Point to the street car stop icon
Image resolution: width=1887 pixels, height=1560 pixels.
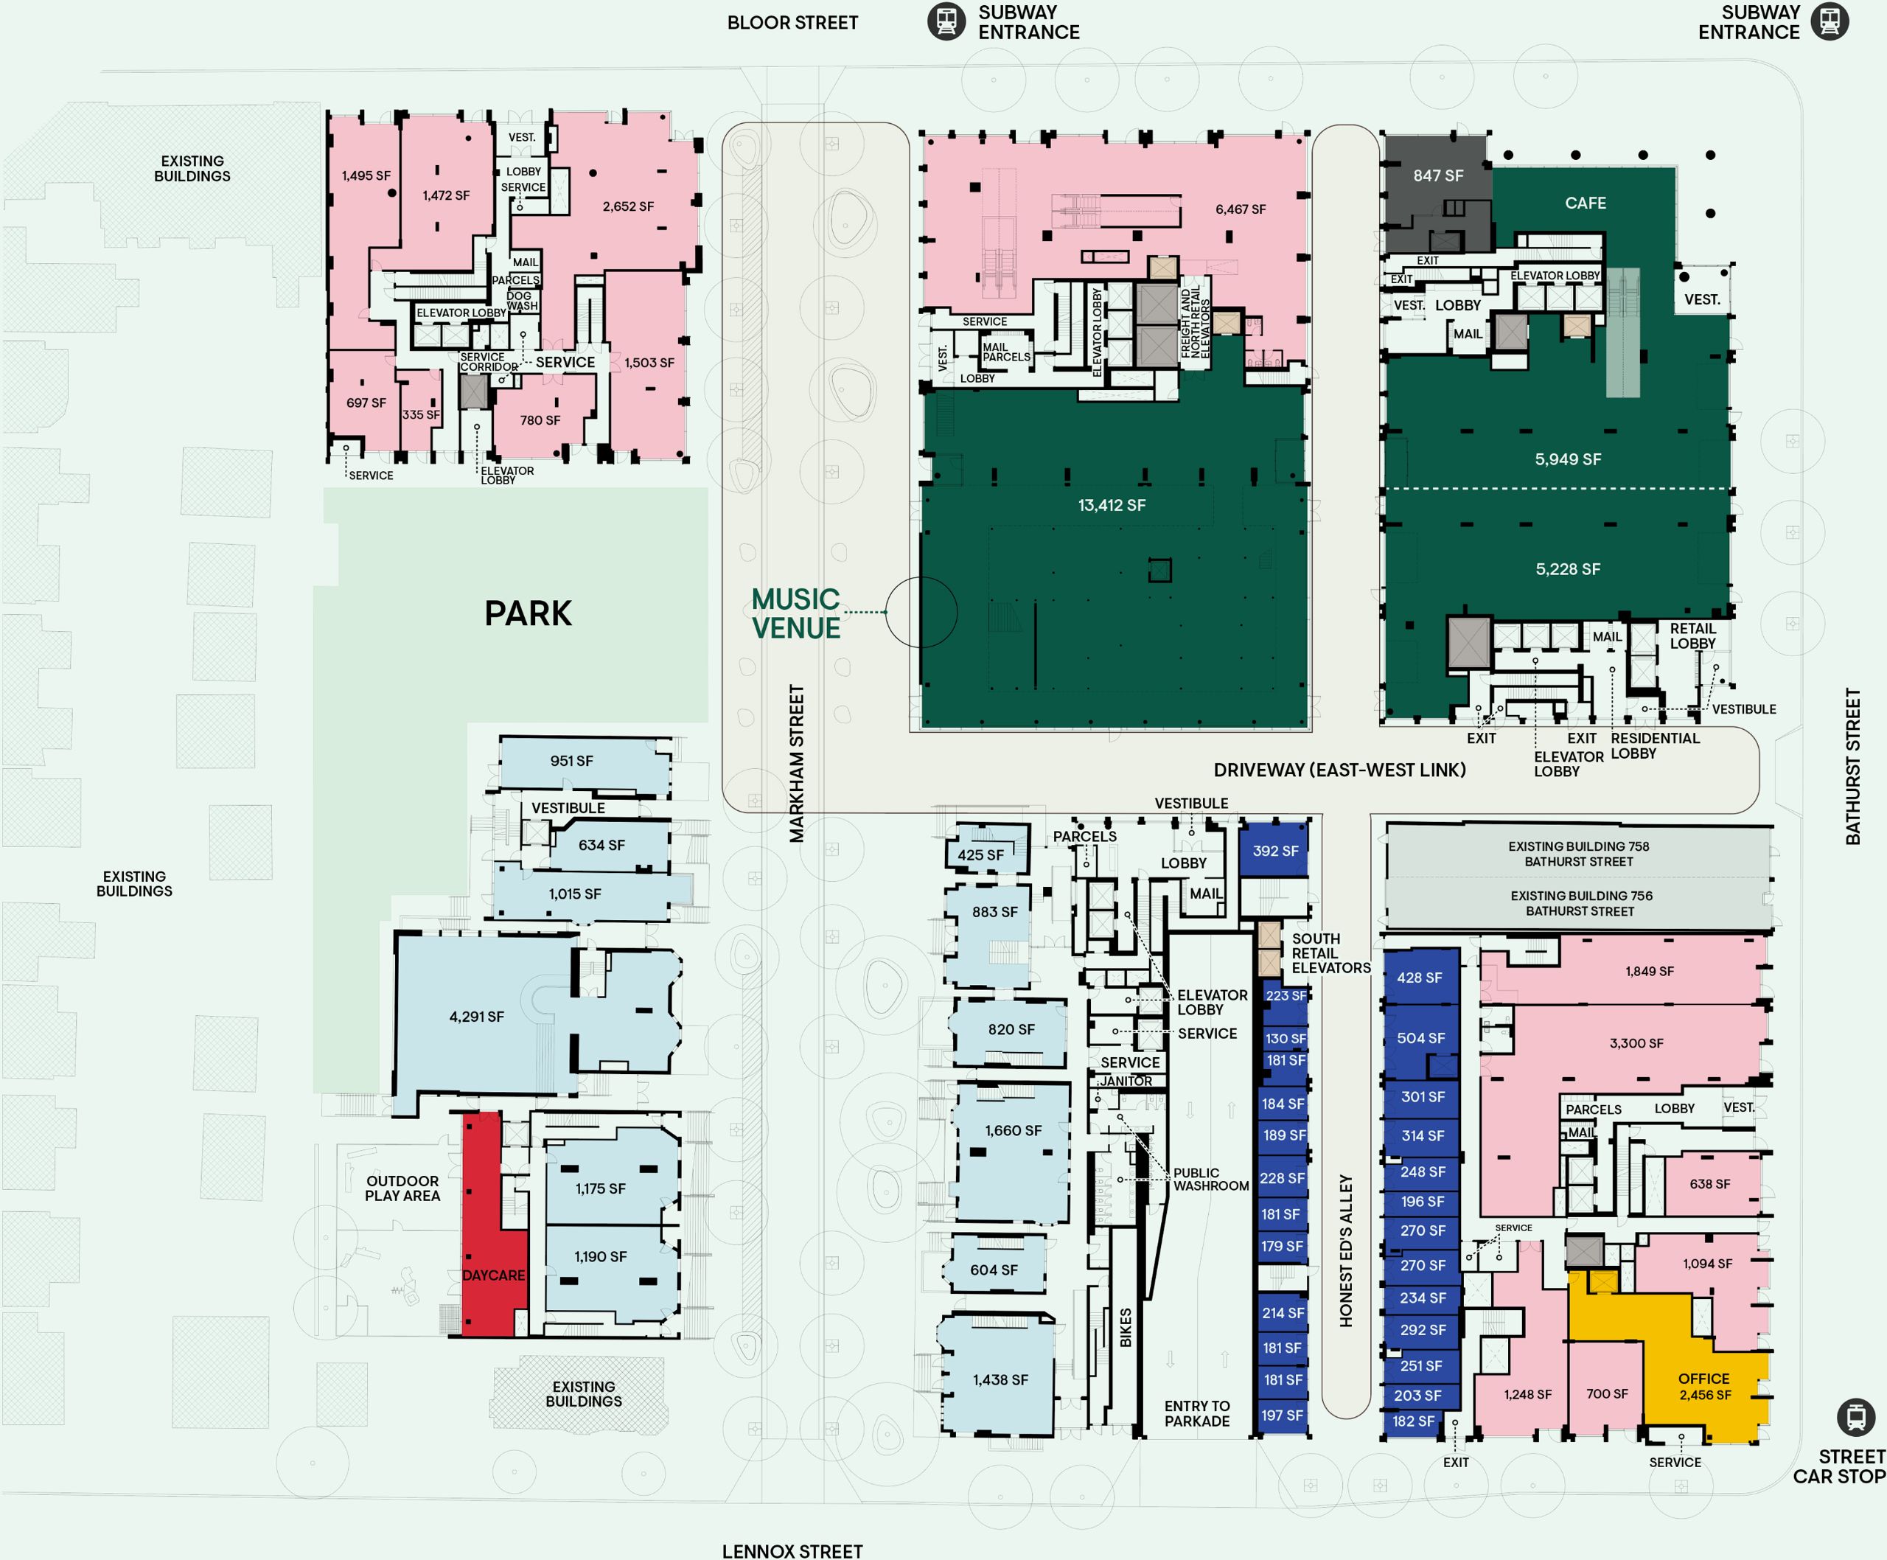point(1855,1417)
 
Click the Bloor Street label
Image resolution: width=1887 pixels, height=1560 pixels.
point(792,22)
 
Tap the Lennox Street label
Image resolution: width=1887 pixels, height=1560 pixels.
point(792,1551)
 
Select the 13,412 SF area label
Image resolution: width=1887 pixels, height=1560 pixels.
point(1112,506)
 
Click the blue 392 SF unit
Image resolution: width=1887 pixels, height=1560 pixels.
point(1274,849)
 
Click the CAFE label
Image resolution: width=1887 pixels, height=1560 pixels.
point(1585,203)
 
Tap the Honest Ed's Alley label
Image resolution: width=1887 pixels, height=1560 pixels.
point(1345,1250)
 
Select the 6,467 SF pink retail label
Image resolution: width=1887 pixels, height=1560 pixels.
point(1240,209)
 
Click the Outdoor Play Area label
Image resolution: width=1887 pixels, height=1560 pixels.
point(402,1188)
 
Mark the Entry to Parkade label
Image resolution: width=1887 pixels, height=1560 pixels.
point(1197,1413)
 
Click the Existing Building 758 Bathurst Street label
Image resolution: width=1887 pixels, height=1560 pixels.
point(1579,854)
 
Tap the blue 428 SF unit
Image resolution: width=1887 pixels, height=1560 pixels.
point(1420,977)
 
